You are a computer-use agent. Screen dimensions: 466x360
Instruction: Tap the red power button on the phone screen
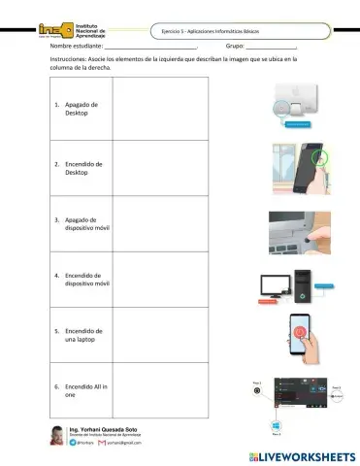(302, 331)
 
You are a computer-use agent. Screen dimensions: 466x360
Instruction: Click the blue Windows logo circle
(275, 426)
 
